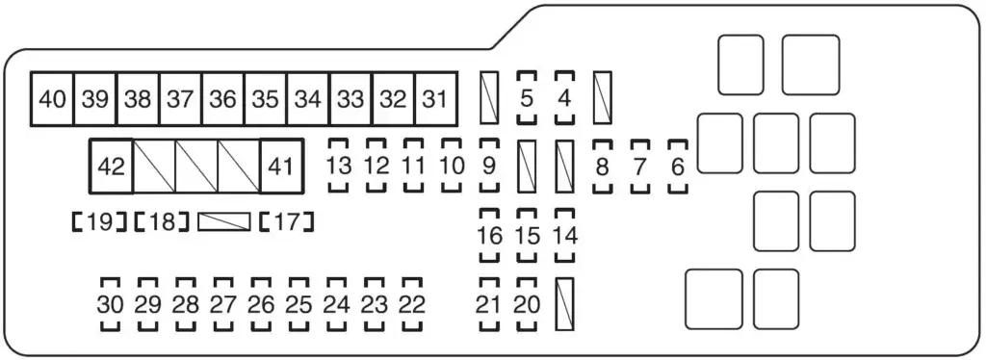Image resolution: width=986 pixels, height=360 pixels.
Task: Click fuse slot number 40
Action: pos(53,99)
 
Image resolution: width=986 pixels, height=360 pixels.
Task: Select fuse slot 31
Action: pos(436,99)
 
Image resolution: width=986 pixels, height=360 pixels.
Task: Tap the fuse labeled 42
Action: pos(112,167)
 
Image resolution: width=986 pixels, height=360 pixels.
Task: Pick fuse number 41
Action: pos(281,167)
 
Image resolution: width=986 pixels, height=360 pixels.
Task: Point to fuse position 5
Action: pos(526,98)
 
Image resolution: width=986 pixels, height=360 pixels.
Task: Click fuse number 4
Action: pos(563,98)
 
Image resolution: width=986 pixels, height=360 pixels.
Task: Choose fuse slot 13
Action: pos(338,166)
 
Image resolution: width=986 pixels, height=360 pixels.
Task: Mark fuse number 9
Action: pos(488,166)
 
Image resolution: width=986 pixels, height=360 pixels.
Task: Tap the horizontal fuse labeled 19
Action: pos(100,222)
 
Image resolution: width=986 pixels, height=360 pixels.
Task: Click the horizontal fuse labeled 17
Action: pos(287,222)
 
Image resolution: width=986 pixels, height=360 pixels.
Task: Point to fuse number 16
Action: pos(489,235)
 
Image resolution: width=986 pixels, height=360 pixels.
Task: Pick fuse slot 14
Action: pos(564,235)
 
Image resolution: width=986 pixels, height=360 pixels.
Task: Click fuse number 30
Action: pos(111,305)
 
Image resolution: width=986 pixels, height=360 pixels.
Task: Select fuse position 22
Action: pos(412,305)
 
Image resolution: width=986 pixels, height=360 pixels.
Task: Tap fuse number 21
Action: pos(489,305)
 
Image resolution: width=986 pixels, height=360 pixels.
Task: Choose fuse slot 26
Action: pos(261,305)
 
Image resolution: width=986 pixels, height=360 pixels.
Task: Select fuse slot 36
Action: pos(223,99)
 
